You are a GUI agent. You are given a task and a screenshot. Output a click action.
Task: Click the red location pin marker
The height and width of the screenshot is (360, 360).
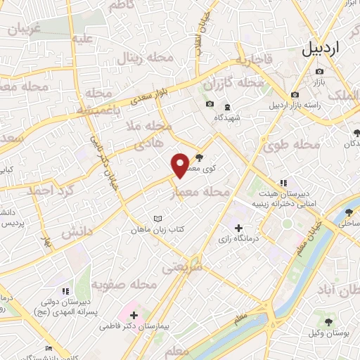pos(181,165)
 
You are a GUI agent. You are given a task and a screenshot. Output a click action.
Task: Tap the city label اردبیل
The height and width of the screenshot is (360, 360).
pos(329,49)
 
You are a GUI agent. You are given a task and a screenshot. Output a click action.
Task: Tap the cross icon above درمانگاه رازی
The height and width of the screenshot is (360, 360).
pos(238,228)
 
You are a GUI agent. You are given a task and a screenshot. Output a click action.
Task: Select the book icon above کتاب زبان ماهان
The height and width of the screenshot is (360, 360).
pos(157,218)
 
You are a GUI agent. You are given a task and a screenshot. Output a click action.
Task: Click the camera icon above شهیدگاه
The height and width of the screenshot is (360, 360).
pos(209,105)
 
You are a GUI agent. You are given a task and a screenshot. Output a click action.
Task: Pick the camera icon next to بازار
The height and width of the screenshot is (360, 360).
pos(320,72)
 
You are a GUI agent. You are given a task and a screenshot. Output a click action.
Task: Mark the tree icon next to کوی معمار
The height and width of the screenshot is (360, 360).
pos(201,157)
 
